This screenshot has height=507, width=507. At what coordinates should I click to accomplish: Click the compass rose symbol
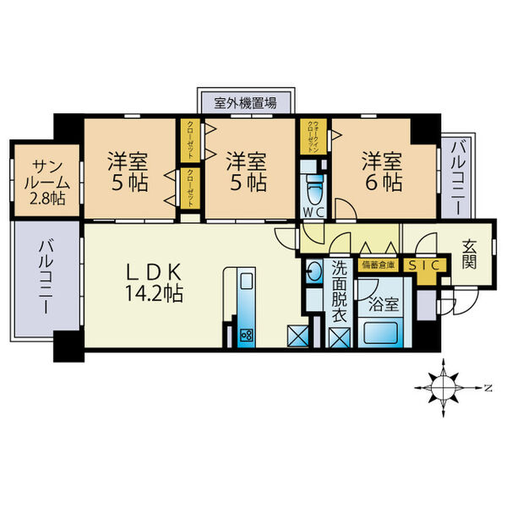point(443,387)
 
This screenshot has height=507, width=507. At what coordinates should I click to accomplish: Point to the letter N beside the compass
point(488,387)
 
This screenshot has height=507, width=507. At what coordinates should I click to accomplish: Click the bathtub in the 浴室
point(381,331)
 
